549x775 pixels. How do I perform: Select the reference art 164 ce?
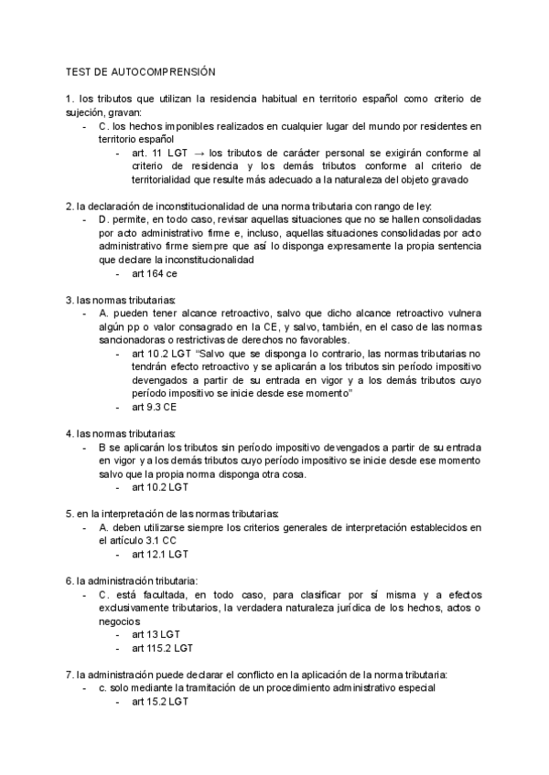(155, 274)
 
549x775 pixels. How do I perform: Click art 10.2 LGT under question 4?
(160, 488)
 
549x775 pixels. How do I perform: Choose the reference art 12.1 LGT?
(160, 554)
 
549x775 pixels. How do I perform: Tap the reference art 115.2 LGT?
(162, 648)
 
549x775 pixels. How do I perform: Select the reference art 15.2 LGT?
(160, 701)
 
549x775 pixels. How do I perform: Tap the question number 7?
(69, 674)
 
